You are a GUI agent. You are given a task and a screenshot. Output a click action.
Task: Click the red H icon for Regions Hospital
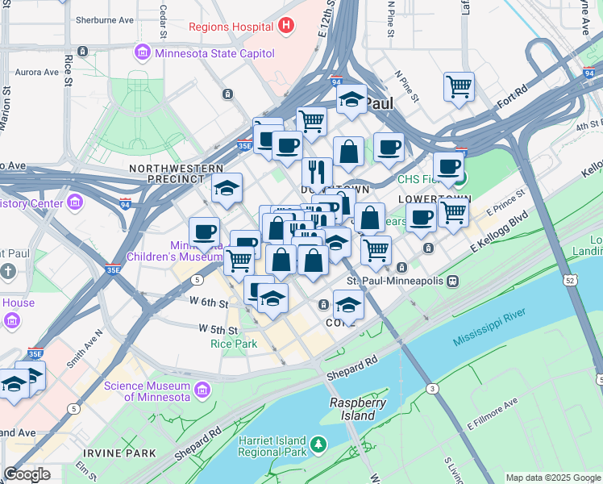coord(285,26)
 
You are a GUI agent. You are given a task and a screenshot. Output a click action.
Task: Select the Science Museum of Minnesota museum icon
coord(202,391)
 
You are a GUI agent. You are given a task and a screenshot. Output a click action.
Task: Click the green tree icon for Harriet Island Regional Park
coord(319,445)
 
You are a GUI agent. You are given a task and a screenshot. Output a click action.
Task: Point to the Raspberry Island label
coord(357,409)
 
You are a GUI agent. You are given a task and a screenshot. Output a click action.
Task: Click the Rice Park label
coord(233,344)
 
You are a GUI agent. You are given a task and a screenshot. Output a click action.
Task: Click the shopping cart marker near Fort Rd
coord(459,86)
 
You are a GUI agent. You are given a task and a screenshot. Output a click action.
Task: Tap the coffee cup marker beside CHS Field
coord(448,166)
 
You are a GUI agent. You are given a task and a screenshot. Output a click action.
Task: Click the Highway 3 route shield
coord(434,389)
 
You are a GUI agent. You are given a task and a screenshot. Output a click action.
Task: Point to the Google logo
coord(27,474)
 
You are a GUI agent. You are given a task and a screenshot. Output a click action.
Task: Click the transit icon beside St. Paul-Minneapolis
coord(454,281)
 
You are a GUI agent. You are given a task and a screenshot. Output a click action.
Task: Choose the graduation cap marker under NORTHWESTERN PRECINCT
coord(227,188)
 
